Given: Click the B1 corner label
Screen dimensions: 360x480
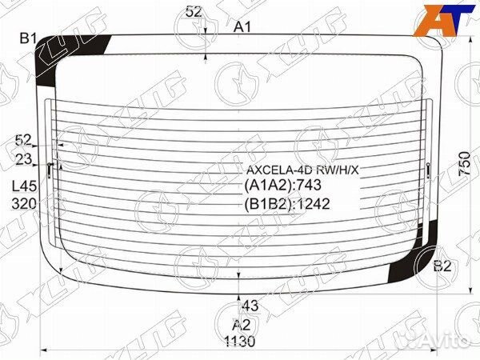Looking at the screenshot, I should click(30, 37).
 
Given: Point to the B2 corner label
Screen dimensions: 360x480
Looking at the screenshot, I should click(442, 266).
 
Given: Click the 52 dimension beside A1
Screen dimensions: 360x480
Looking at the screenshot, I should click(193, 11).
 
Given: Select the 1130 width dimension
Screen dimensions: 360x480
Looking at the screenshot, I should click(240, 342).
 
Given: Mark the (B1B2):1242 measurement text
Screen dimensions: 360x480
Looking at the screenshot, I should click(290, 203).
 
